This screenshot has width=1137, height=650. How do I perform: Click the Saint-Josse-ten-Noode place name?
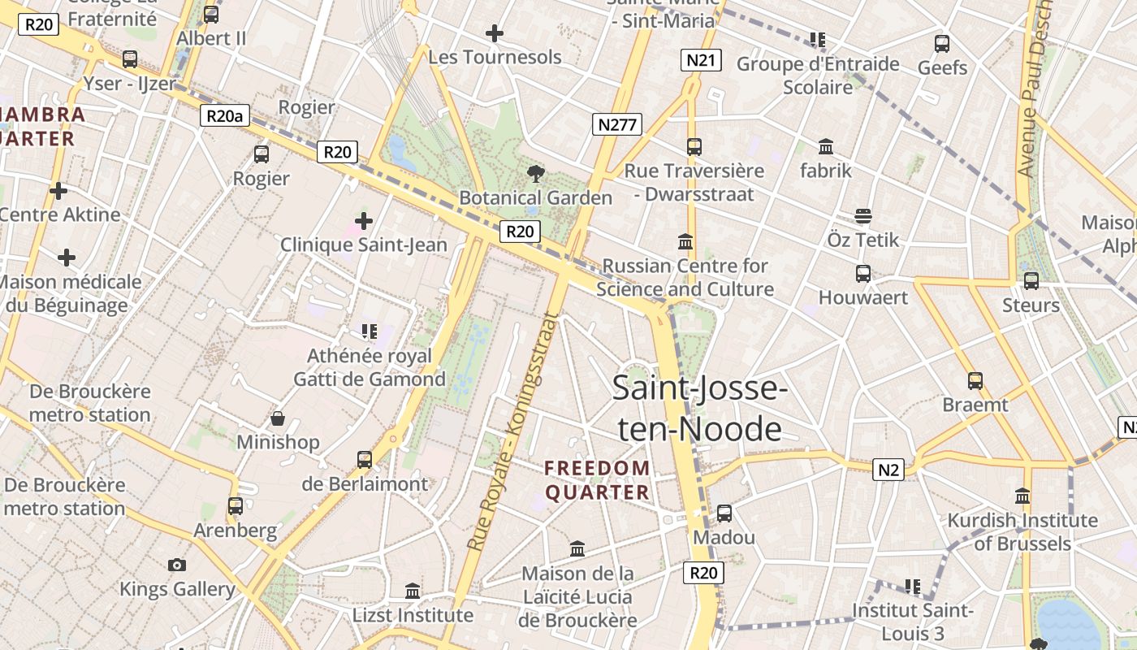(x=699, y=408)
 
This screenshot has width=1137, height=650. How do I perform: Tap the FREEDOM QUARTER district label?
(x=597, y=480)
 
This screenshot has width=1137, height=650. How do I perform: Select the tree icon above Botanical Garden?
(x=535, y=172)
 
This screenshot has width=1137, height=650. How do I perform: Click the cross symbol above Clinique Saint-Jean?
(x=364, y=220)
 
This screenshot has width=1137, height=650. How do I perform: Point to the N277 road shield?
(x=618, y=124)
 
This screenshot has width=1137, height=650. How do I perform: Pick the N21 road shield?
(x=701, y=59)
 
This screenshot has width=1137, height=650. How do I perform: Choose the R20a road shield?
(x=224, y=115)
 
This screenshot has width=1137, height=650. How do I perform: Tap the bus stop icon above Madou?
(x=724, y=513)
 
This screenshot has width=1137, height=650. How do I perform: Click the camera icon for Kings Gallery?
(x=177, y=565)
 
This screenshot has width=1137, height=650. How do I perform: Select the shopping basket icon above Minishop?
(x=278, y=418)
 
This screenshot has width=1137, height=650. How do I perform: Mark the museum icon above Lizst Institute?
(x=413, y=591)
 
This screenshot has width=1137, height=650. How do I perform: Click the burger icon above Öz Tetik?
(x=862, y=216)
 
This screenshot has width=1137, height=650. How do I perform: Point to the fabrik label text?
(x=826, y=171)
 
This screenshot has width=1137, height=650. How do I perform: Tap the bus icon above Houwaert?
(x=862, y=274)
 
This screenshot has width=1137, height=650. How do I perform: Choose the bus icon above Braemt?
(x=975, y=380)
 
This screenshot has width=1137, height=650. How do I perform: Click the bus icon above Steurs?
(x=1031, y=281)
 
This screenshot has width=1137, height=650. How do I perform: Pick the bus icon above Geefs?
(x=942, y=44)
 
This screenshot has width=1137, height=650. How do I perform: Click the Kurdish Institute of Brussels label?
(x=1022, y=531)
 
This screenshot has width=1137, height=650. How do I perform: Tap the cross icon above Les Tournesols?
(x=494, y=33)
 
